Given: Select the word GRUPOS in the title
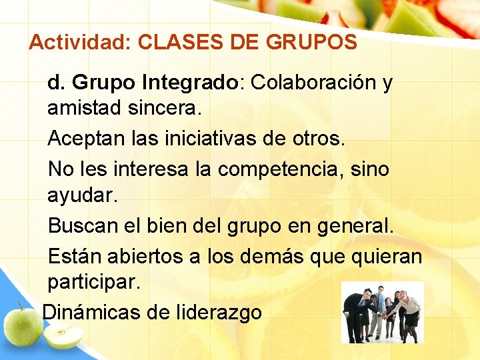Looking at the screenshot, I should [x=311, y=43].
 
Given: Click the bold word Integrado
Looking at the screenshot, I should [x=189, y=83].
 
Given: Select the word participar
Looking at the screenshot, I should [x=94, y=282].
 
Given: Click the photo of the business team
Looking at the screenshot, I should [x=381, y=312].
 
